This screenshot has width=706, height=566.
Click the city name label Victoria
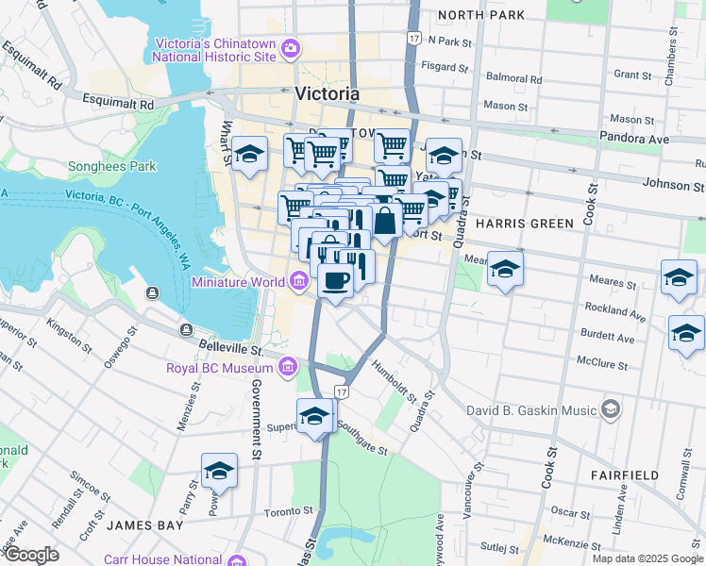tap(327, 94)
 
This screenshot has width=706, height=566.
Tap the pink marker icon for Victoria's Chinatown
tap(291, 48)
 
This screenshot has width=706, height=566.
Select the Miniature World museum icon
tap(299, 281)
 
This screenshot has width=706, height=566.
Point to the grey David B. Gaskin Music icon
tap(611, 409)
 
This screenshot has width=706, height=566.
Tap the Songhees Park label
tap(111, 167)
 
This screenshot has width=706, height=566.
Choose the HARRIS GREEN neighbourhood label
tap(525, 224)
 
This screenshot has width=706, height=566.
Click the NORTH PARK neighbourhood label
tap(480, 15)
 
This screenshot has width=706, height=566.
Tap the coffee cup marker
tap(335, 279)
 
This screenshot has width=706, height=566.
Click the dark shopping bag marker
tap(385, 222)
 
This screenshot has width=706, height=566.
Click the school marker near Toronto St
tap(219, 470)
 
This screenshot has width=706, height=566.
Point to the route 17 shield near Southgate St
tap(342, 391)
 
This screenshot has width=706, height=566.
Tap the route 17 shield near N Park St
tap(413, 38)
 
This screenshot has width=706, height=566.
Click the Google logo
tap(31, 555)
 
